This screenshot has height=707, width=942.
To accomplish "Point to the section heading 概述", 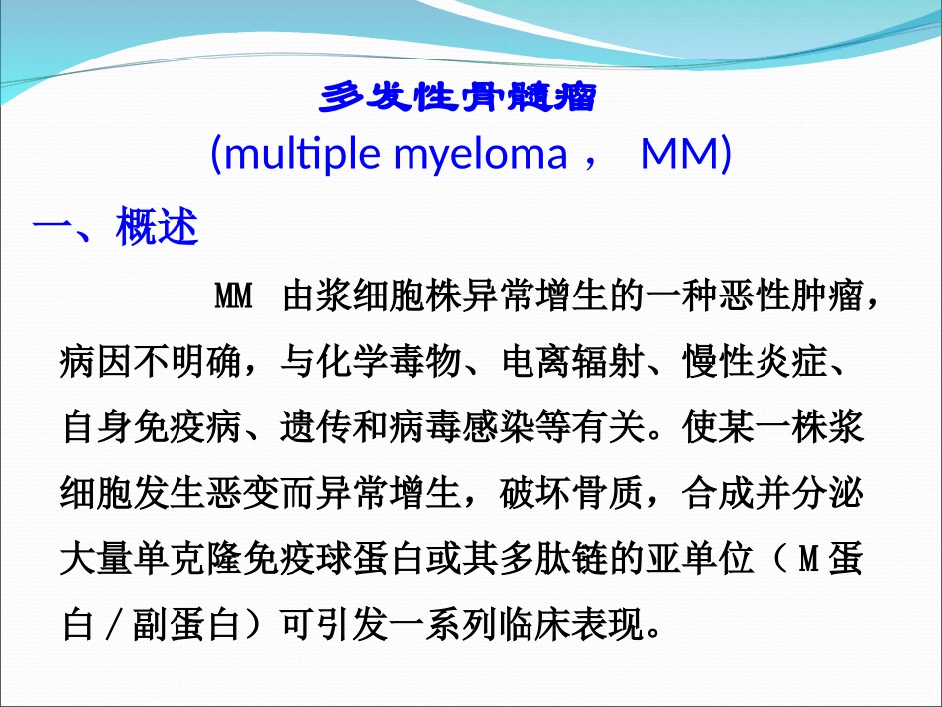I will click(158, 228).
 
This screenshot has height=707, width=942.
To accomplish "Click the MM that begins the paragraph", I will click(234, 296).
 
